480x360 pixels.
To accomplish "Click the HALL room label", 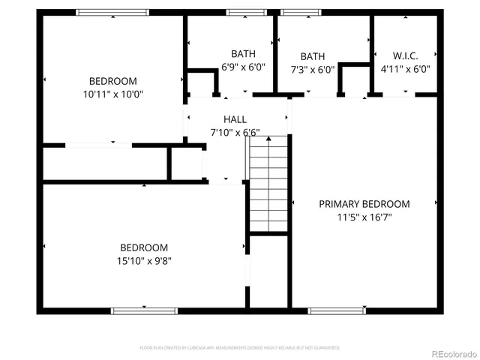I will [x=235, y=119].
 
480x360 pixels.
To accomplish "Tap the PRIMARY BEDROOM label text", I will [x=364, y=204].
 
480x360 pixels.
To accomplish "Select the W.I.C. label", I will [x=405, y=56].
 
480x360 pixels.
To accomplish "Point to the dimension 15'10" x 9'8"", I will [x=144, y=261].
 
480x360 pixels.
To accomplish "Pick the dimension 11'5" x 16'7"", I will [x=364, y=217].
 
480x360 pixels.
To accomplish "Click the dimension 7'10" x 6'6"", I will [x=235, y=133].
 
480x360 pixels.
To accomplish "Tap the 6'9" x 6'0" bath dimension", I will [x=243, y=67].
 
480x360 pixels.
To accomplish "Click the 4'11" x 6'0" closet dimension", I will [x=405, y=70].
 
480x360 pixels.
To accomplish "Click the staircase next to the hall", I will [x=268, y=184].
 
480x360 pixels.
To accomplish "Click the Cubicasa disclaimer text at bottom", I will [x=240, y=348].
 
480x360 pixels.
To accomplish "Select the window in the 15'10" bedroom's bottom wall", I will [x=133, y=310].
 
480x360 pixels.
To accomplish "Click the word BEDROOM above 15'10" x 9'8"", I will [x=144, y=248].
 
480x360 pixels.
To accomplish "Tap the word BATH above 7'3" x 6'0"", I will [x=313, y=57].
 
